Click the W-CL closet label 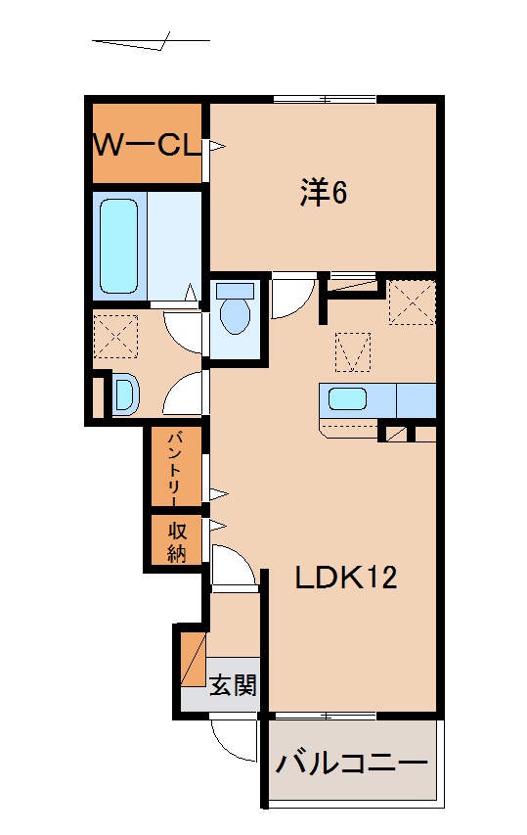pos(146,145)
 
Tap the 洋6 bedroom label pos(324,193)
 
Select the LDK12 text pos(346,579)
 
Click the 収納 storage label pos(176,541)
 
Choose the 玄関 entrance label pos(233,683)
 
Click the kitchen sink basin pos(347,399)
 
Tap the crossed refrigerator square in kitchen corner pos(411,301)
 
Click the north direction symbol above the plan pos(152,43)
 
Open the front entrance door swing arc pos(231,741)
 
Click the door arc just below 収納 pos(234,567)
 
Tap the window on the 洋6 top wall pos(325,98)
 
